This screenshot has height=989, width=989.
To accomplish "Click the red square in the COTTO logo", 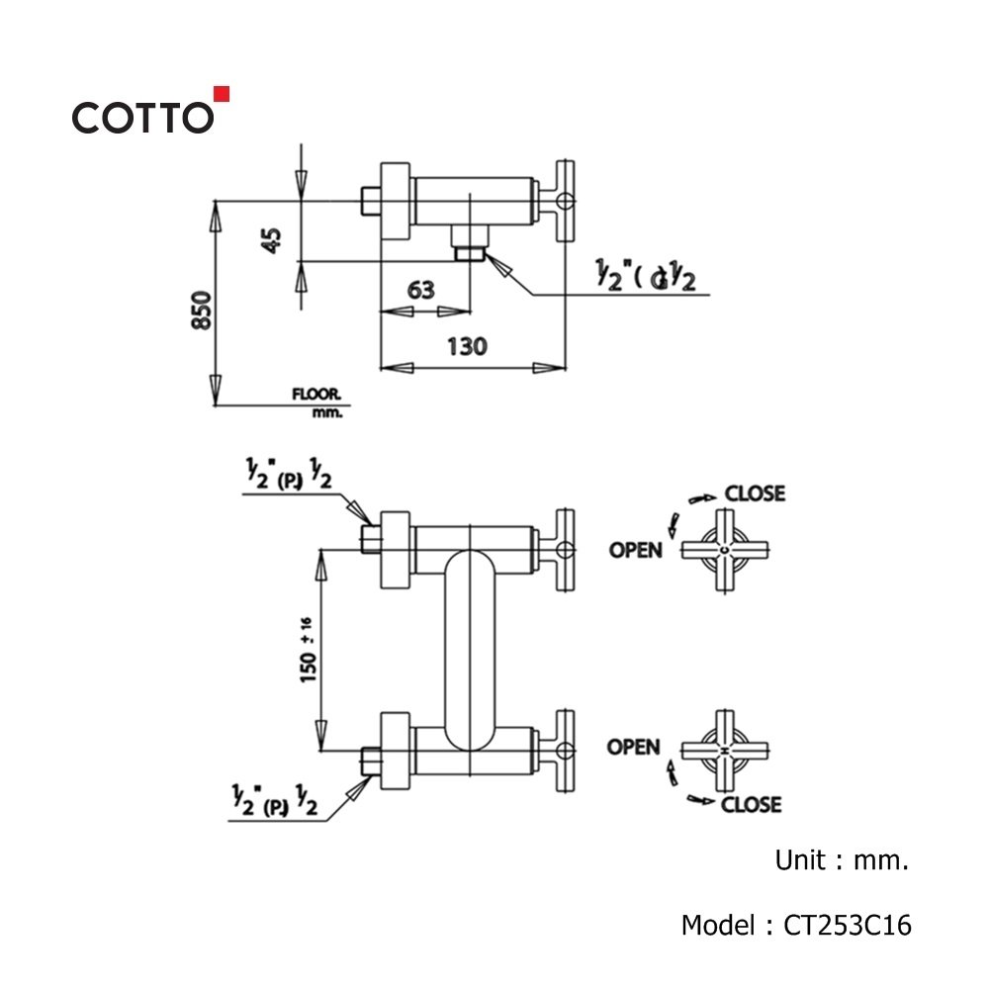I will click(222, 94).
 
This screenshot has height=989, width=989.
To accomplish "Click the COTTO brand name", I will click(141, 118).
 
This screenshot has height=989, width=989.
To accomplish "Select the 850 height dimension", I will click(202, 311).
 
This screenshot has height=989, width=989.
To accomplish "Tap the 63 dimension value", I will click(420, 290).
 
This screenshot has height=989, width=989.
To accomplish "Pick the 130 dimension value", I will click(467, 346).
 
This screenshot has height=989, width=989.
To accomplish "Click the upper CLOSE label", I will click(755, 493).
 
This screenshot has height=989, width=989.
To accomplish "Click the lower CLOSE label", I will click(751, 804).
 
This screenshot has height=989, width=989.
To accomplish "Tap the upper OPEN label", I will click(635, 549).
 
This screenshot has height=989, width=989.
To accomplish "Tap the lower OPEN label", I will click(634, 747).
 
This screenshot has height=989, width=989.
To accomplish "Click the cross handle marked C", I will click(725, 550).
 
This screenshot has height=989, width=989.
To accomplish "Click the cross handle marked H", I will click(725, 754).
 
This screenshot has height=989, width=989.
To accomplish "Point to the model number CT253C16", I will click(848, 926).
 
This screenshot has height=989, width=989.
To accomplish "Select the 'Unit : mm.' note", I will click(841, 860).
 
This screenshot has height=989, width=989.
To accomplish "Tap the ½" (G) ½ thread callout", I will click(646, 278).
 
